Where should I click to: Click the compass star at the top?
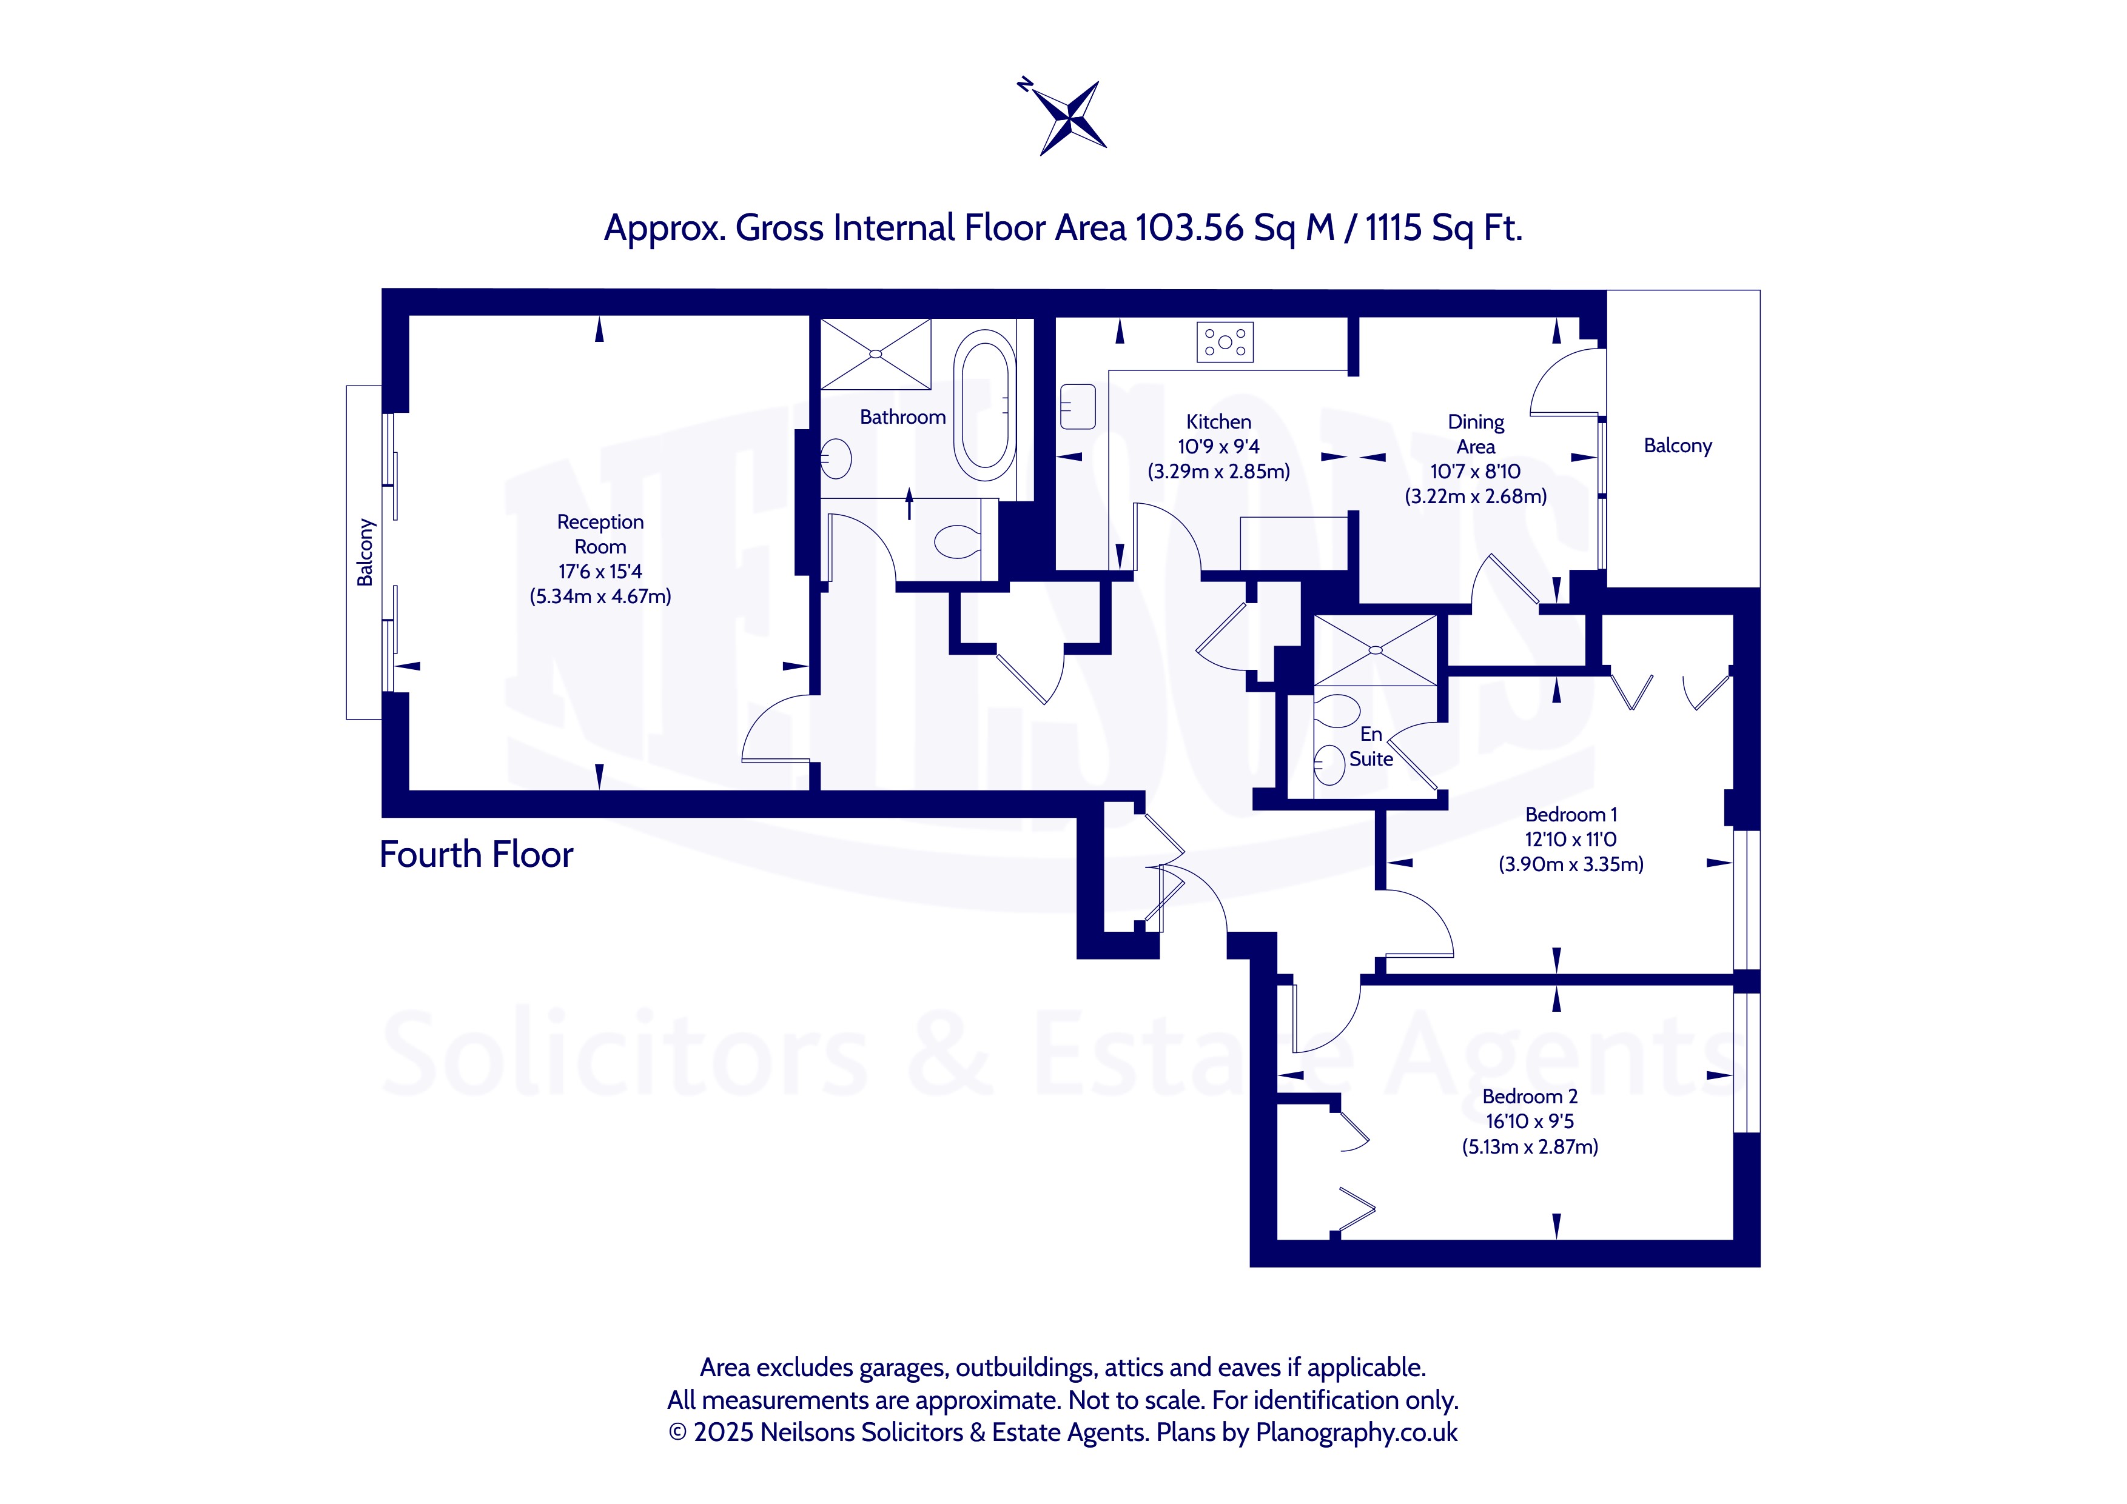tap(1071, 116)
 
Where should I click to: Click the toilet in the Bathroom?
tap(958, 541)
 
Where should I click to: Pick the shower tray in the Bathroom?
tap(875, 354)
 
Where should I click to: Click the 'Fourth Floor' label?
tap(476, 855)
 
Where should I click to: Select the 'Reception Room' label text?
tap(600, 534)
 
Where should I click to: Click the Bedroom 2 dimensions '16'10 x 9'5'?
tap(1530, 1121)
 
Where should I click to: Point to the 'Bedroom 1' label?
tap(1571, 815)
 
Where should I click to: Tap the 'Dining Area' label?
tap(1476, 434)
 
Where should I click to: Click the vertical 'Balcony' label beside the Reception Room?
tap(365, 552)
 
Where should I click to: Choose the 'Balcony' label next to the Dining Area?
tap(1678, 446)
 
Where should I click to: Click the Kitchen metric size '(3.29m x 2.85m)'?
tap(1218, 472)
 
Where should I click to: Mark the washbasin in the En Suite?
tap(1330, 765)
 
